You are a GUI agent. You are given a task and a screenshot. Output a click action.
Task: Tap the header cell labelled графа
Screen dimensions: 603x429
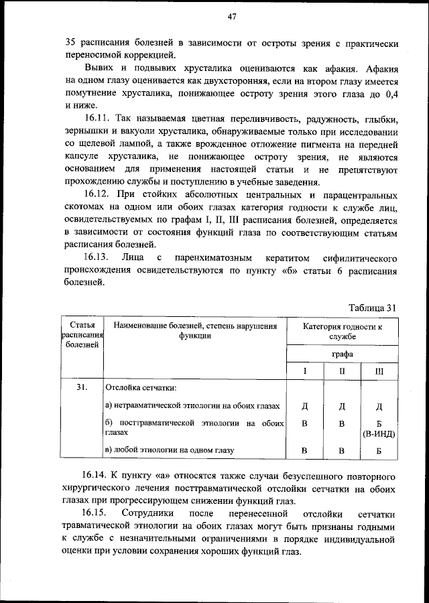[342, 354]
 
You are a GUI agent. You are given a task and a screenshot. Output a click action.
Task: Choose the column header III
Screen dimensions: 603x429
[379, 371]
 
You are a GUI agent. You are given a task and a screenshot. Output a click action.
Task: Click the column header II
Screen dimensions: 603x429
[342, 371]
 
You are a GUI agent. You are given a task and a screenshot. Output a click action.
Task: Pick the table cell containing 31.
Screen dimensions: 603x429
[82, 387]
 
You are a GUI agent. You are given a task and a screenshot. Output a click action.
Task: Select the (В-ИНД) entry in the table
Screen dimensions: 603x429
[379, 433]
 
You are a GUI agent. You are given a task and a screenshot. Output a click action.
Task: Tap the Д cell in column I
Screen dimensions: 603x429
[304, 406]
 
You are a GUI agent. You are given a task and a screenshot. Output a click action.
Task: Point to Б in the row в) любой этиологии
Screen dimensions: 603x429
[379, 450]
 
